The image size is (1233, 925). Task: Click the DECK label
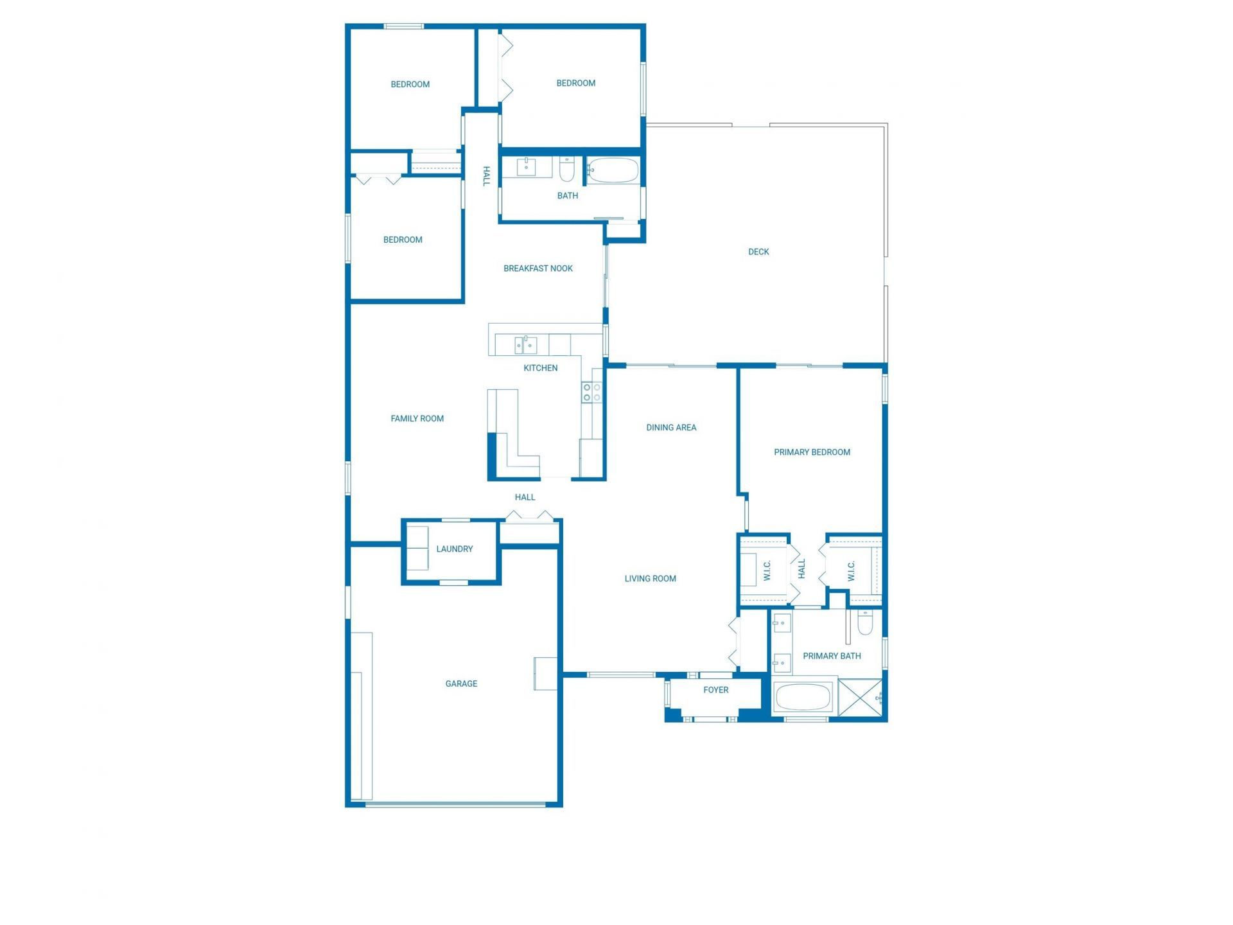[758, 252]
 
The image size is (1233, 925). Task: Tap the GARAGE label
[461, 683]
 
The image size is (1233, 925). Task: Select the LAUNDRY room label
[454, 549]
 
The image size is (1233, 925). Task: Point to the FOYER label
[715, 690]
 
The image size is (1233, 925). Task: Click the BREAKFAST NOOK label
[538, 269]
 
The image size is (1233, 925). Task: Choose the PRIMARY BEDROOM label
[812, 452]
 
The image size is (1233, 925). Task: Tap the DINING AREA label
[671, 427]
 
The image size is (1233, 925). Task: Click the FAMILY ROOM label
[417, 419]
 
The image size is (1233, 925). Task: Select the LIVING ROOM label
[650, 579]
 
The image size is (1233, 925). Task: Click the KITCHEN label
[540, 368]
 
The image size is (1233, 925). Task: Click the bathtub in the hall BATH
[613, 170]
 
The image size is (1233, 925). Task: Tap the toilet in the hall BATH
[566, 169]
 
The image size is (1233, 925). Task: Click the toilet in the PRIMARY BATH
[864, 622]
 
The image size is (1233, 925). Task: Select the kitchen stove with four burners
[591, 392]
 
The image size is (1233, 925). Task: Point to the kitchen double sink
[525, 345]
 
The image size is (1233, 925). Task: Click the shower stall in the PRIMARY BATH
[860, 698]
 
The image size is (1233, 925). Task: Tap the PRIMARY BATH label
[832, 656]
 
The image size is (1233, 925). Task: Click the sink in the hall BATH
[527, 166]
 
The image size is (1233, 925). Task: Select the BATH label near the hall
[567, 196]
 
